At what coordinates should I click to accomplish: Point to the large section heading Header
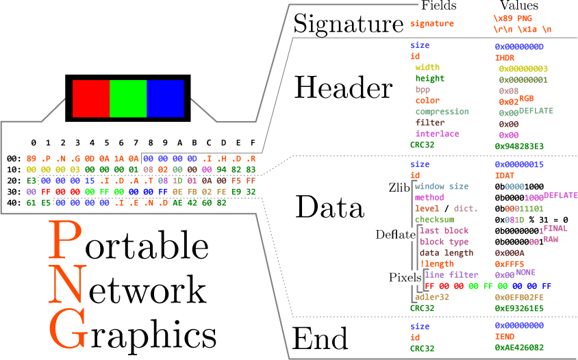pyautogui.click(x=344, y=88)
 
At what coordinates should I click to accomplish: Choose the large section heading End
pyautogui.click(x=321, y=339)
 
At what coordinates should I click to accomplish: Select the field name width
pyautogui.click(x=427, y=68)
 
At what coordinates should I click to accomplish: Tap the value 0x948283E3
pyautogui.click(x=519, y=146)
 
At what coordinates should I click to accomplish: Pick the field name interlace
pyautogui.click(x=437, y=134)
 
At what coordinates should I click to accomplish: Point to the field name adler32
pyautogui.click(x=431, y=297)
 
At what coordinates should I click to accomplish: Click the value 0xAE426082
pyautogui.click(x=519, y=348)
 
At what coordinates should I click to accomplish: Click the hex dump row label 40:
pyautogui.click(x=13, y=203)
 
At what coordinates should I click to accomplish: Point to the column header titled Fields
pyautogui.click(x=440, y=6)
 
